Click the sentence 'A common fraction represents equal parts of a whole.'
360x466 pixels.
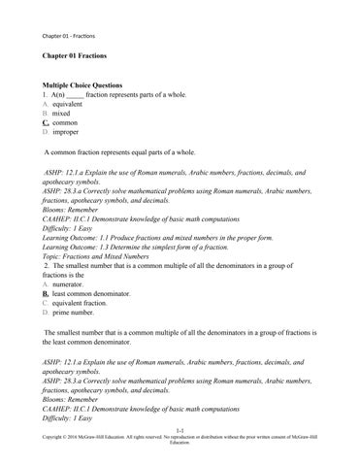(x=120, y=152)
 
